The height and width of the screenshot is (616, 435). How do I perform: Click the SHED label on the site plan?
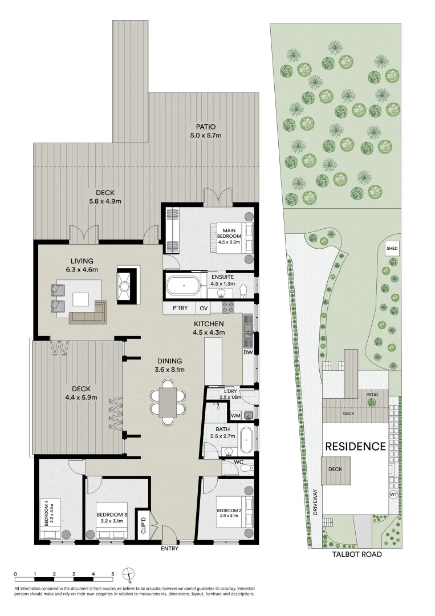(x=392, y=249)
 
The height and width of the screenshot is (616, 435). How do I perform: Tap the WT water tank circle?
(x=393, y=495)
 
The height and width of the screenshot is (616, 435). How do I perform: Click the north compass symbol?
(x=131, y=574)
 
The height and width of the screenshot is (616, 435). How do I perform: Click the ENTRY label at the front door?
(x=170, y=549)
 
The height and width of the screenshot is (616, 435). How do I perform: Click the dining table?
(x=168, y=402)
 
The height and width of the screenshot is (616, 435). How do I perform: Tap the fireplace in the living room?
(x=125, y=284)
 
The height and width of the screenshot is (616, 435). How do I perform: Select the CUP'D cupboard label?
(x=144, y=524)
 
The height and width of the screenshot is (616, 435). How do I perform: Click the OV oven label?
(x=204, y=308)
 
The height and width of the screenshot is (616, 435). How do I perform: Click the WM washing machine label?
(x=235, y=416)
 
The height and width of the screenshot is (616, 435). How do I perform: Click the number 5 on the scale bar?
(x=113, y=574)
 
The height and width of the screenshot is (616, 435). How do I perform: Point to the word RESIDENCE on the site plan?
(x=355, y=446)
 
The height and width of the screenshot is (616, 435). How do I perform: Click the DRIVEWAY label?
(x=314, y=502)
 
